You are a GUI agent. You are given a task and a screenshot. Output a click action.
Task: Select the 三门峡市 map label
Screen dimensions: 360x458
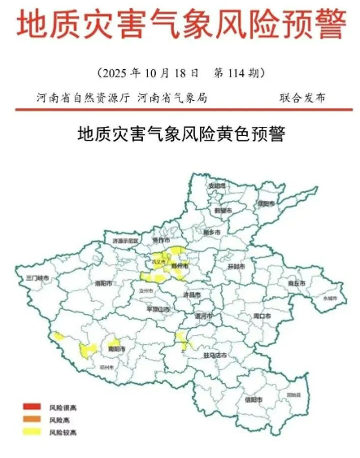point(38,277)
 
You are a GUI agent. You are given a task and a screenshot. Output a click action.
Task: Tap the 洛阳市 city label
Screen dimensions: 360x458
point(103,283)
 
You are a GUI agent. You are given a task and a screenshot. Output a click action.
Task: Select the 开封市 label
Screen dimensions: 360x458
point(236,266)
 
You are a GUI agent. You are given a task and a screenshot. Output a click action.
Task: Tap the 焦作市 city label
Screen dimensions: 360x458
point(161,240)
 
